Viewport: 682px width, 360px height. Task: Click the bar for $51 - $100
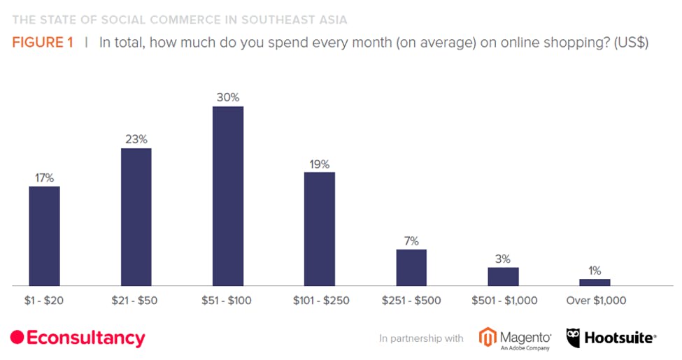(x=228, y=196)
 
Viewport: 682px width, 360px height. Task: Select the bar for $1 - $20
(x=44, y=236)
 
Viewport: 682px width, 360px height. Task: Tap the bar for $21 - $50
(x=136, y=217)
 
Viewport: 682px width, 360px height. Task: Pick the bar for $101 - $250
(x=320, y=229)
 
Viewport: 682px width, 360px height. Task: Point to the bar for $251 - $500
(x=411, y=267)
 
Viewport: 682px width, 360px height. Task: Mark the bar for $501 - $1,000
(x=503, y=276)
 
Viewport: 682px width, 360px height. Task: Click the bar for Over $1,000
(x=595, y=282)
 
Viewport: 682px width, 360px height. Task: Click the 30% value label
(x=228, y=97)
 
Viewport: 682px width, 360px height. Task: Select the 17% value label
(x=44, y=178)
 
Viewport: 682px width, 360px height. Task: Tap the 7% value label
(x=411, y=241)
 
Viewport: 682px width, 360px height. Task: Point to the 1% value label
(x=595, y=271)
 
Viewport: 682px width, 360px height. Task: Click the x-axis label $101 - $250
(x=320, y=301)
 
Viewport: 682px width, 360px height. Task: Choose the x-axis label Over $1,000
(x=595, y=301)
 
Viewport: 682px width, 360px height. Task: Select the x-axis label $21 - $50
(x=136, y=301)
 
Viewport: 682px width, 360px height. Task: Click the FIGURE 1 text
(x=42, y=43)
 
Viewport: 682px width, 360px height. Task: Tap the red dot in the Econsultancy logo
(x=17, y=338)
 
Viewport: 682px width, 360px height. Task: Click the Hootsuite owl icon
(x=573, y=338)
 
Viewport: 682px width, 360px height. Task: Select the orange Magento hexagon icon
(x=488, y=337)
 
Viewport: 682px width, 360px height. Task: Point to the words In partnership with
(x=421, y=338)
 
